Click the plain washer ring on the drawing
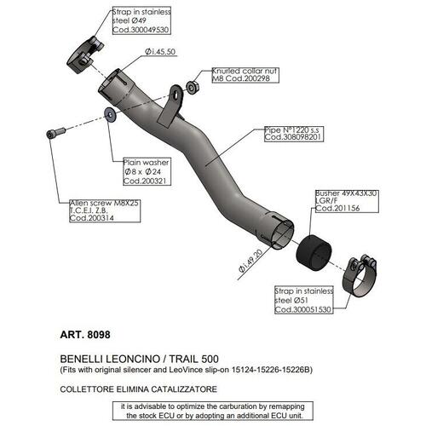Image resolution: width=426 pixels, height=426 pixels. tap(108, 113)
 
